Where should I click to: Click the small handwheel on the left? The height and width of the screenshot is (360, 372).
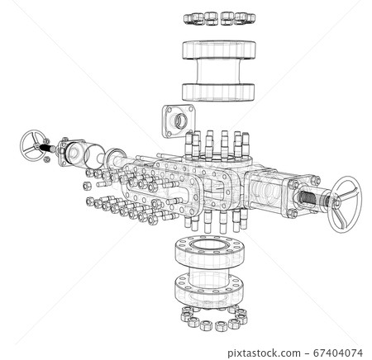coord(32,146)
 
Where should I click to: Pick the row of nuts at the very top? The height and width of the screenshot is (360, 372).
coord(217,17)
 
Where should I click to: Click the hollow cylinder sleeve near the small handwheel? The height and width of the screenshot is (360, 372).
coord(80,153)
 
